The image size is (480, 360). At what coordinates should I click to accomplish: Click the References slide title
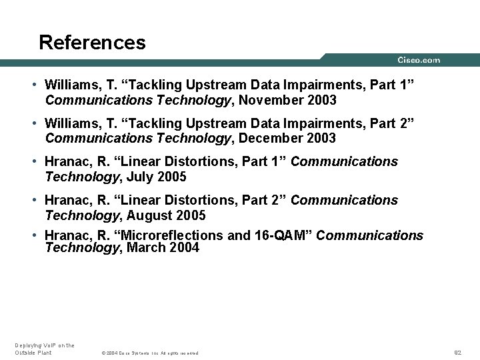[92, 43]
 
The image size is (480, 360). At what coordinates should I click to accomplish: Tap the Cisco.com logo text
[419, 60]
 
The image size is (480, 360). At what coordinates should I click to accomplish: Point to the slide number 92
[457, 352]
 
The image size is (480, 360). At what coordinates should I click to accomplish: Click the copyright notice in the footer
[149, 353]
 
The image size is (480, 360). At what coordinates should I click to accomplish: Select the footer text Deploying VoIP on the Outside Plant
[44, 349]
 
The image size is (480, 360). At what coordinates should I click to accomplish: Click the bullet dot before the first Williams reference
[33, 85]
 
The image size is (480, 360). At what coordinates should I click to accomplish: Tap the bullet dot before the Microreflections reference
[33, 235]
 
